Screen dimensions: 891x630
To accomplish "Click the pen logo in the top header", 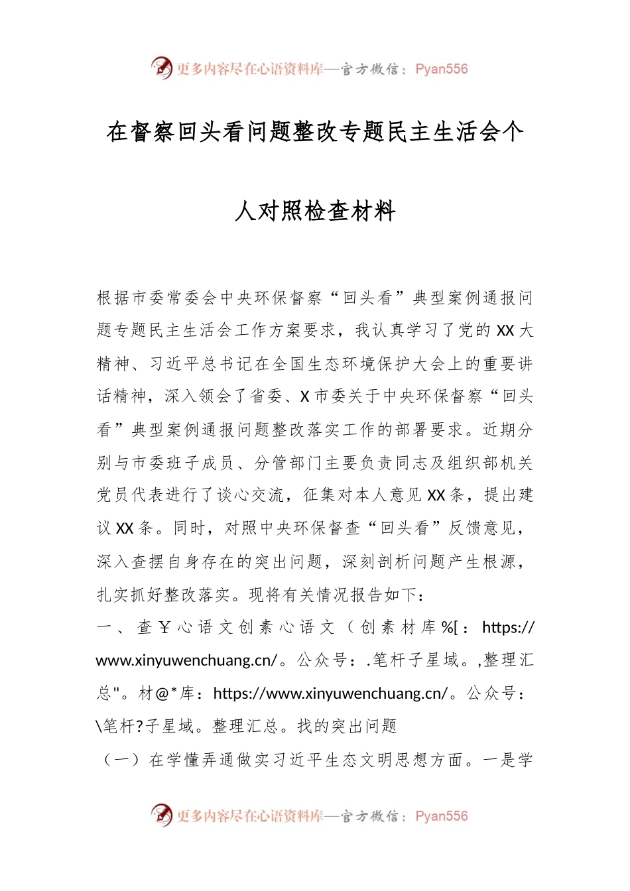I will pos(161,68).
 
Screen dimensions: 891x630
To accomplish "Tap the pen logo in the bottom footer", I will pos(161,815).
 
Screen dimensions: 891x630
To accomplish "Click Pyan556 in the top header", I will pos(441,69).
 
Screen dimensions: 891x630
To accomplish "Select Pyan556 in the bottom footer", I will pos(441,816).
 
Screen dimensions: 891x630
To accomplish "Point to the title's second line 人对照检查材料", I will pos(315,211).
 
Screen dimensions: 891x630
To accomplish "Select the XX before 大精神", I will pos(505,330).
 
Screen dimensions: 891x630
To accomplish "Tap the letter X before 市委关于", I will pos(305,396).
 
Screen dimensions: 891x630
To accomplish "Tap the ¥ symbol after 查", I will pos(164,627).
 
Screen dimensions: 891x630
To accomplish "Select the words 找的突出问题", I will pos(347,727).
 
